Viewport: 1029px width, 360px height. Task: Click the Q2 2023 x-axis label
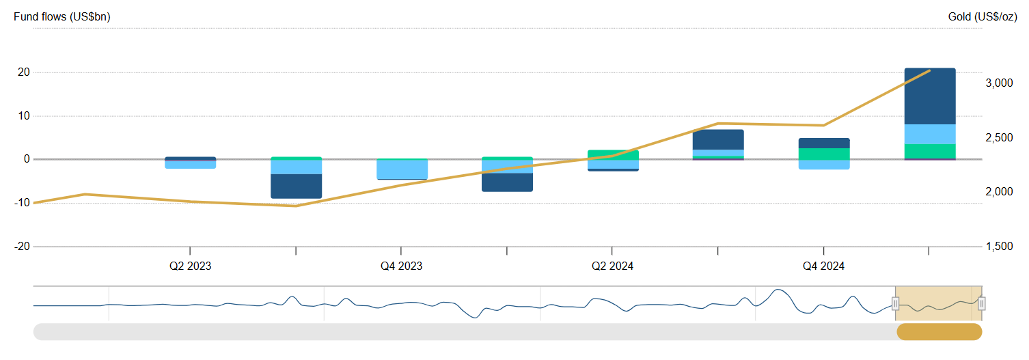190,266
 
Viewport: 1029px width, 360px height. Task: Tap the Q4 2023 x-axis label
401,266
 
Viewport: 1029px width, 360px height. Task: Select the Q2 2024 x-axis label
612,266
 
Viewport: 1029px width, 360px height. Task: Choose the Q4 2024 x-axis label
823,266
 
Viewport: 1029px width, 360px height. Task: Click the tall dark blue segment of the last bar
929,96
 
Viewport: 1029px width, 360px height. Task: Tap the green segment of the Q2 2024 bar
613,154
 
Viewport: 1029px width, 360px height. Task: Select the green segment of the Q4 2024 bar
823,154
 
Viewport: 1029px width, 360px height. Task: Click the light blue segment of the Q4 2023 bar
402,169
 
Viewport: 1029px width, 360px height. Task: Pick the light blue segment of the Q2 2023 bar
190,164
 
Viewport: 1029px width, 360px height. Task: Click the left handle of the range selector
895,304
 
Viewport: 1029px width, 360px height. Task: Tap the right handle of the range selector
981,304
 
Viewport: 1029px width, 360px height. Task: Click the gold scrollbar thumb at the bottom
939,332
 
